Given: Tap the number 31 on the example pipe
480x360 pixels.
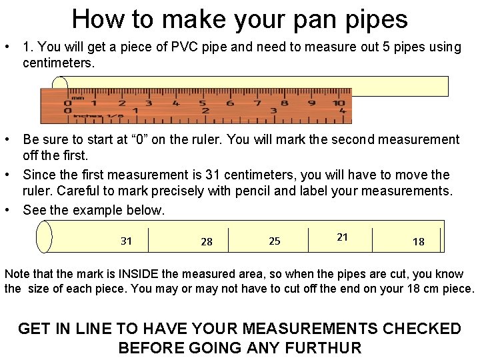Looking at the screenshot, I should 126,241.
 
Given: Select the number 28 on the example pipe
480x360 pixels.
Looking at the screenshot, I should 207,241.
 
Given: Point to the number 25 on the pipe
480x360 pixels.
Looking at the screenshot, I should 275,241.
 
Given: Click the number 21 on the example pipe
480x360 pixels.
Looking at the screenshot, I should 342,237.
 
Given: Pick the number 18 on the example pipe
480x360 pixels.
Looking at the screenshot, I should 418,241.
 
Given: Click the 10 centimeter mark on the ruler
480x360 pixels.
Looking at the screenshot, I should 339,103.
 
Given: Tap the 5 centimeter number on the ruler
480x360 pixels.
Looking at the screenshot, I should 203,103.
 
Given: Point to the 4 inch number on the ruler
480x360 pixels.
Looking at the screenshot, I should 342,111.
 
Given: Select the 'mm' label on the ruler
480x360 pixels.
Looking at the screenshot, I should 78,97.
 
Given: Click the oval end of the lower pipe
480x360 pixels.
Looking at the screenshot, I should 44,237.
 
